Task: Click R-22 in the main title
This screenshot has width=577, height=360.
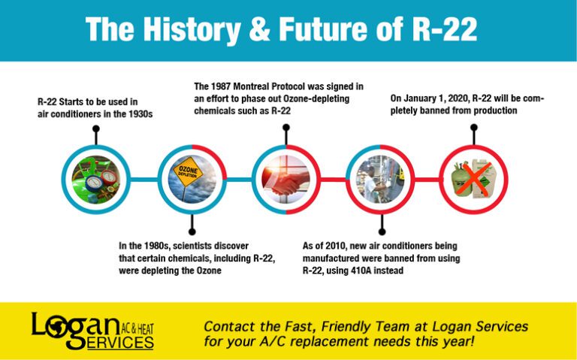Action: pyautogui.click(x=443, y=30)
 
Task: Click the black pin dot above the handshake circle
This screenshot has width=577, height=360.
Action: pyautogui.click(x=285, y=128)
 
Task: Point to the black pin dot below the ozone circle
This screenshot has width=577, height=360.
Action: pyautogui.click(x=192, y=231)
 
